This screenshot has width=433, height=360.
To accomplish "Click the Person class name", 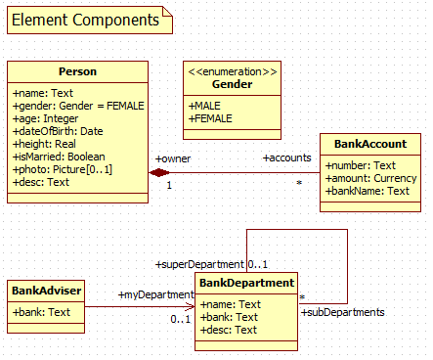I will click(77, 71).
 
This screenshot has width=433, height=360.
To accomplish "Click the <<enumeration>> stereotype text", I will click(232, 70).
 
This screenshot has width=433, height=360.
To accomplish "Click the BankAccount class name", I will click(370, 144).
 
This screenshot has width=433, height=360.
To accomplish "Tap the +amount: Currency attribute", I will click(368, 178).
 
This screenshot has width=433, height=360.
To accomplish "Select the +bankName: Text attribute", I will click(368, 192).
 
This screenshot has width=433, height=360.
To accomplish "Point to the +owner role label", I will click(174, 157).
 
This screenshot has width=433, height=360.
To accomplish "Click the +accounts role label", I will click(286, 157).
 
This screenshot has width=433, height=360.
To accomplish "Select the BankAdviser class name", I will click(46, 291).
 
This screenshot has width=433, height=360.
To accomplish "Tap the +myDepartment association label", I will click(156, 294).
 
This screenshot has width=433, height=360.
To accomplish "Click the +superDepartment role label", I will click(198, 265).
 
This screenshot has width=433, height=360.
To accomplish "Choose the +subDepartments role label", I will click(342, 312).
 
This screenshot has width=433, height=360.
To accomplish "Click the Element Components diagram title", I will click(86, 20).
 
